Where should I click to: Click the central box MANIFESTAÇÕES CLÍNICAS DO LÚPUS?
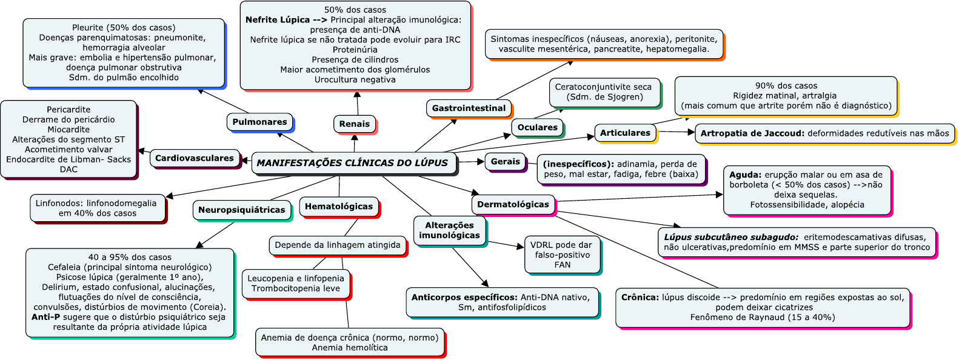pyautogui.click(x=353, y=163)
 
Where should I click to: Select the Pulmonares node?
pyautogui.click(x=259, y=122)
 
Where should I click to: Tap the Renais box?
pyautogui.click(x=354, y=124)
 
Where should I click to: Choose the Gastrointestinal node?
pyautogui.click(x=469, y=108)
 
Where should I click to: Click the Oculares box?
pyautogui.click(x=537, y=127)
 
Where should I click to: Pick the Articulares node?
pyautogui.click(x=625, y=133)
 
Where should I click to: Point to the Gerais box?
pyautogui.click(x=505, y=162)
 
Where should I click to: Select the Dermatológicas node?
pyautogui.click(x=513, y=204)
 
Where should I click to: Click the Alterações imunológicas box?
pyautogui.click(x=449, y=230)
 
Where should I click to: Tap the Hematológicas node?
pyautogui.click(x=338, y=206)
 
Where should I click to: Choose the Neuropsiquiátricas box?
pyautogui.click(x=241, y=210)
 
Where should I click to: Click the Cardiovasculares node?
pyautogui.click(x=194, y=158)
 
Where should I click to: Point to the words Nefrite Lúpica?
pyautogui.click(x=278, y=20)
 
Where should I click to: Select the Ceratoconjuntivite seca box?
pyautogui.click(x=603, y=92)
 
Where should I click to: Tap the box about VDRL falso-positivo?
pyautogui.click(x=562, y=255)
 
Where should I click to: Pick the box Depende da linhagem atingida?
pyautogui.click(x=337, y=245)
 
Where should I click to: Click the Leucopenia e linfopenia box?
pyautogui.click(x=295, y=283)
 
